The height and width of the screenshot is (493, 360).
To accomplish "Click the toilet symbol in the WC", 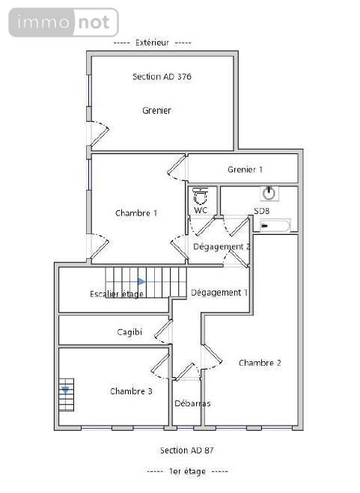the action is pos(200,196).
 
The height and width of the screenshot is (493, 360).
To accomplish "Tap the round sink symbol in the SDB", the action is pos(269,193).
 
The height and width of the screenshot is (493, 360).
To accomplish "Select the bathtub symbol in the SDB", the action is pos(275,226).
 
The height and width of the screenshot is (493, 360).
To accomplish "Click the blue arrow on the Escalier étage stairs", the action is pos(141,281).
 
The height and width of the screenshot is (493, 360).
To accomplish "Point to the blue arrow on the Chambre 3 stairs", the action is pos(65,391).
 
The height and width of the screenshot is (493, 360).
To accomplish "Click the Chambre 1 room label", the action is pos(136,213).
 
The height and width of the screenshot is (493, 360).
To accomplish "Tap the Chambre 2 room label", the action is pos(260,363).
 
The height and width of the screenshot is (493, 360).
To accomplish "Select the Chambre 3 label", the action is pos(131,391).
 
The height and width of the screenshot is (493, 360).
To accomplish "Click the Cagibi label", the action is pos(129,332).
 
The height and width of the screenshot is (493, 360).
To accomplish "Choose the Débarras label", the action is pos(192,403).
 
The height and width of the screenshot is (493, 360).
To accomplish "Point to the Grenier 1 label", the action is pos(245,170).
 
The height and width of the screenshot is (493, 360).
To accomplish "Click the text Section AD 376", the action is pos(162,76).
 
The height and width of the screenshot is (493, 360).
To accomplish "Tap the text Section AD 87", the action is pos(187,450).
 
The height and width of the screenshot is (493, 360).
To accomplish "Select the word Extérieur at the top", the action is pos(153,43).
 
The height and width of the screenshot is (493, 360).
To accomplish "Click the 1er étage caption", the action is pos(187,471).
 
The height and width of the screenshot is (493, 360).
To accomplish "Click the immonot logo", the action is pos(64,22).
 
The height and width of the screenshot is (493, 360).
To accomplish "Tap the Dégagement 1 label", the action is pos(219,293).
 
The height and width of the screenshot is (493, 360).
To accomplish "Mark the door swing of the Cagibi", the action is pos(163,332).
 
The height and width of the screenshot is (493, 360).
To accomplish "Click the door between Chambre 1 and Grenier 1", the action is pos(177,168).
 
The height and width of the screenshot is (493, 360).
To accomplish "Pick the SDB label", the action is pos(261,211).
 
